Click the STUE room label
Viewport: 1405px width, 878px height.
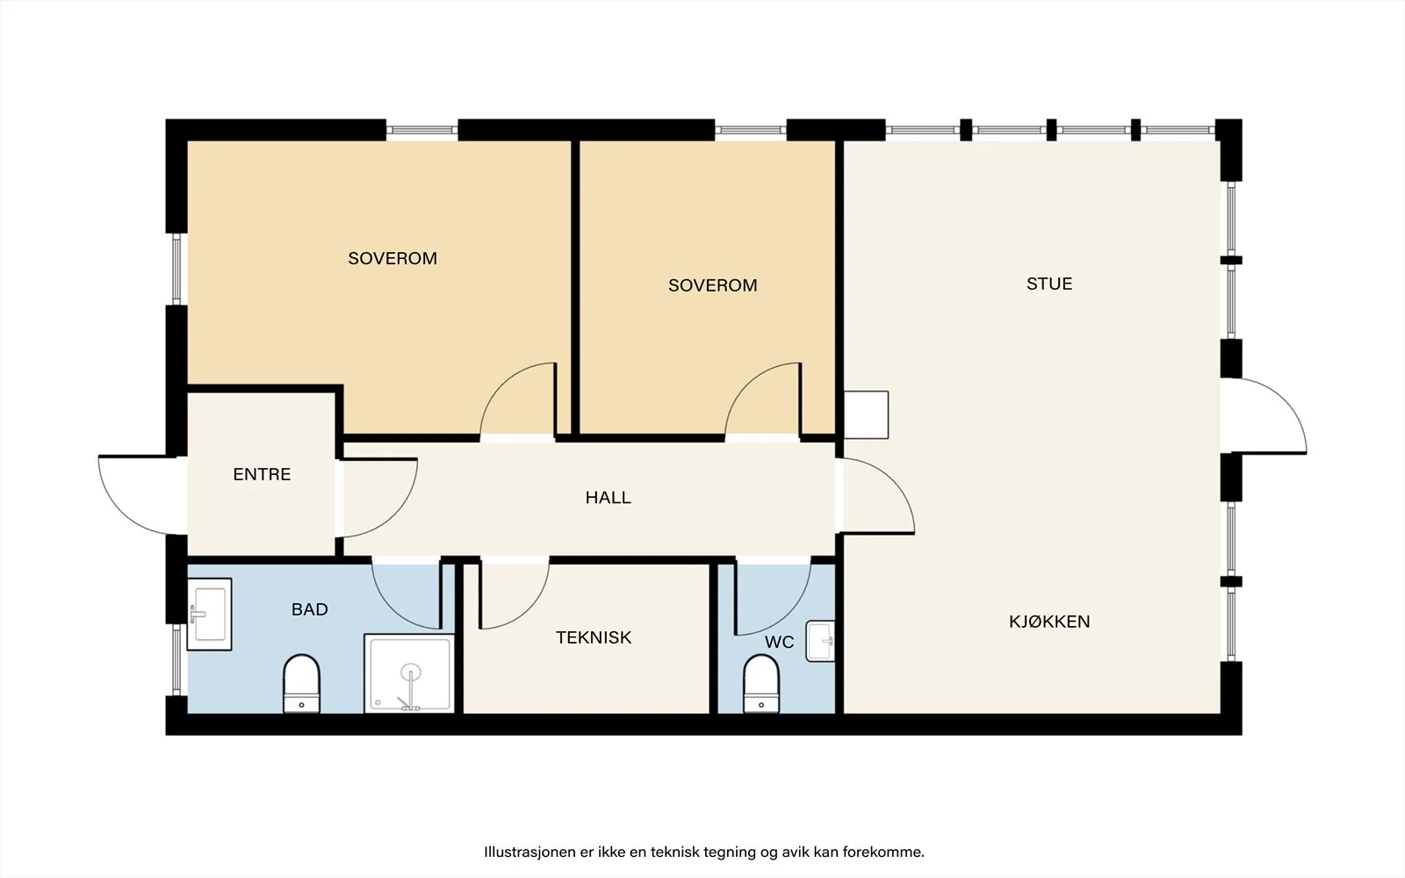pyautogui.click(x=1049, y=284)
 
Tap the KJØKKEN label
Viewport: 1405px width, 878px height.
pyautogui.click(x=1049, y=622)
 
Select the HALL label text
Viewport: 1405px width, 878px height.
pyautogui.click(x=608, y=498)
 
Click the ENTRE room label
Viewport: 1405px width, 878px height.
pyautogui.click(x=262, y=475)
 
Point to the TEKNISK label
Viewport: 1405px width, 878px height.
pyautogui.click(x=594, y=637)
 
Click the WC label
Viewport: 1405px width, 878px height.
pyautogui.click(x=779, y=642)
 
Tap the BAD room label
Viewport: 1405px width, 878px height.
pyautogui.click(x=310, y=609)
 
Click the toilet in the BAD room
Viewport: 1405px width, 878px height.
pyautogui.click(x=302, y=684)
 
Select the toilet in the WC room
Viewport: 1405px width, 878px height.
pyautogui.click(x=760, y=684)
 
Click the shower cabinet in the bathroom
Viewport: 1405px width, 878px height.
pyautogui.click(x=409, y=673)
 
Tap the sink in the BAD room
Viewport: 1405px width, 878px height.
pyautogui.click(x=210, y=614)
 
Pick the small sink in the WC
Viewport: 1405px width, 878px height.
pyautogui.click(x=820, y=641)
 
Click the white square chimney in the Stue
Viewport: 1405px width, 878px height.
pyautogui.click(x=866, y=415)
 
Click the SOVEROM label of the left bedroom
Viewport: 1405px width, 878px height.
pyautogui.click(x=393, y=258)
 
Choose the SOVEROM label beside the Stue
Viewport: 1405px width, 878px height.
pyautogui.click(x=712, y=285)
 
